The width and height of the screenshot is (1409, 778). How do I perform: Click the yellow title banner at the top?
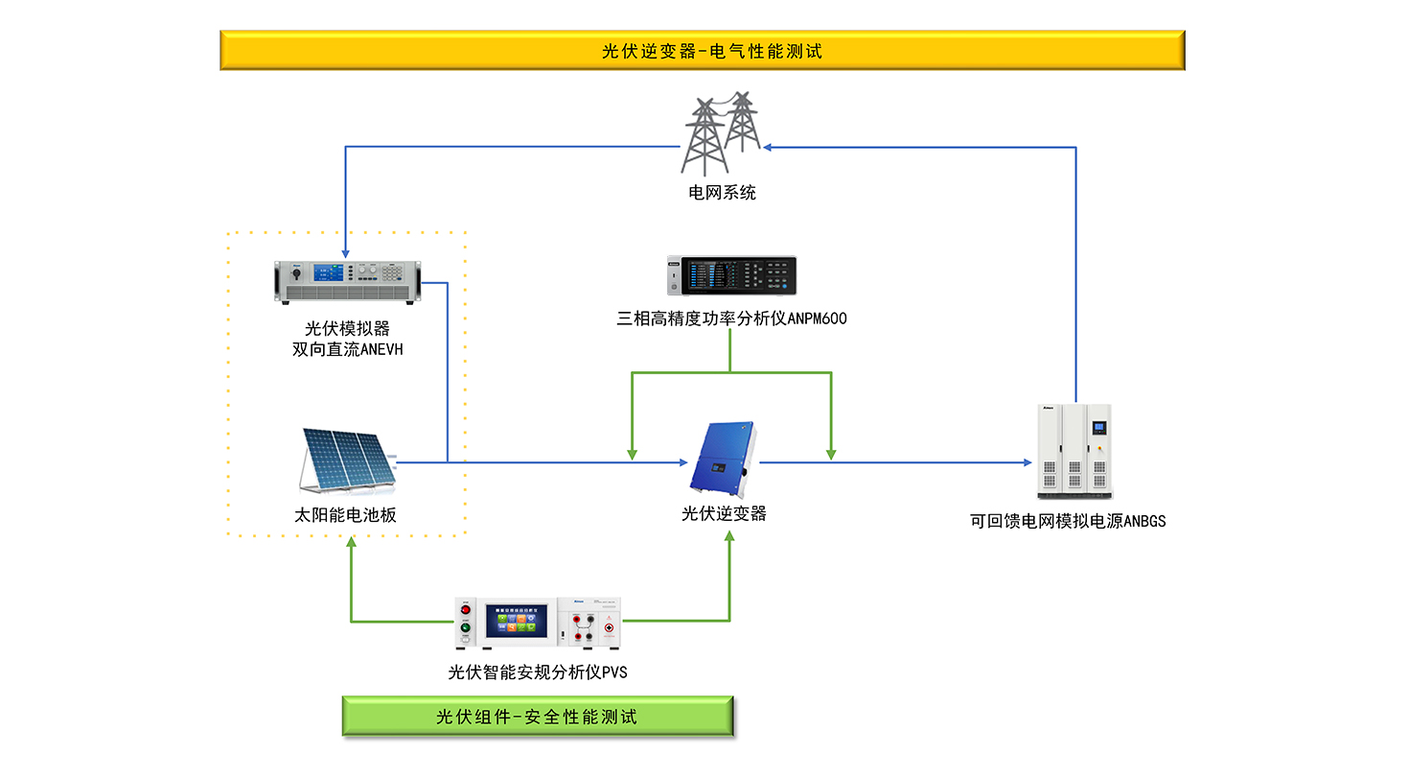[702, 51]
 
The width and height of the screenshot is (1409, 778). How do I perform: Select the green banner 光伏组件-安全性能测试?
[538, 717]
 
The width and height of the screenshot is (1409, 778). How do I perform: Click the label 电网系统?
[722, 193]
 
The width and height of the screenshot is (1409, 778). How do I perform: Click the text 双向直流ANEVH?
[347, 350]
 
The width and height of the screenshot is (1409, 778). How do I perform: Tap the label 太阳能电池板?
[345, 515]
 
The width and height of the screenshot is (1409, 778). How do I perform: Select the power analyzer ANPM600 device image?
[731, 276]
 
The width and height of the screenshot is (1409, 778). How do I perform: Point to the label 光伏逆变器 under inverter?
[724, 514]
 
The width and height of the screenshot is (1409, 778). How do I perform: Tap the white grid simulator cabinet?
[1074, 451]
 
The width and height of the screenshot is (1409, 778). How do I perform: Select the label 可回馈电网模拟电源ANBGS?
[1068, 522]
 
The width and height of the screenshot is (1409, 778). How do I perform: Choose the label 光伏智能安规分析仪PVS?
[538, 672]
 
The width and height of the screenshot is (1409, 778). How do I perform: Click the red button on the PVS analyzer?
[467, 609]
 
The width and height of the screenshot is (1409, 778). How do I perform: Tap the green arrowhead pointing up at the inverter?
[729, 534]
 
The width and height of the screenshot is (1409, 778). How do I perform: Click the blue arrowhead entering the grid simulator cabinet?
[1027, 462]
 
